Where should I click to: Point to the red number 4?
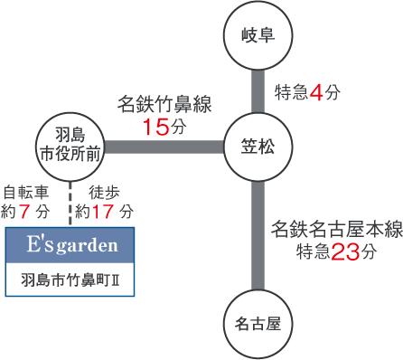[315, 91]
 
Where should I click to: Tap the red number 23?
[344, 252]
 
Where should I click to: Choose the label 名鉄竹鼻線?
[164, 105]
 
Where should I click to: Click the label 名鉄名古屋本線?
[333, 231]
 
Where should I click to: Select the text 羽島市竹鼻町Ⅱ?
[70, 279]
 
